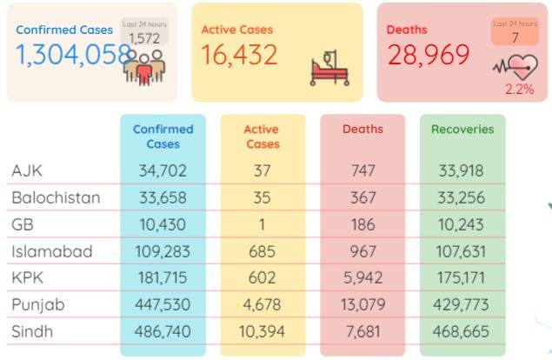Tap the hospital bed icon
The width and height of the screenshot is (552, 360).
pyautogui.click(x=329, y=68)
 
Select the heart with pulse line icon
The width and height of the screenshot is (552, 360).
pyautogui.click(x=515, y=67)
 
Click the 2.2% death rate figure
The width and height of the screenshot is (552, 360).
pyautogui.click(x=520, y=89)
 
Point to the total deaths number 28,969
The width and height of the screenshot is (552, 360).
pyautogui.click(x=429, y=55)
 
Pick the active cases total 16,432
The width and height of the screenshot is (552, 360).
pyautogui.click(x=239, y=55)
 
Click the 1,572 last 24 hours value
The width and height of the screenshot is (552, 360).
pyautogui.click(x=144, y=38)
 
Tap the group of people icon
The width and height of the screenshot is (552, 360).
pyautogui.click(x=144, y=68)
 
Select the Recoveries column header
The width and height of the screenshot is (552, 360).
pyautogui.click(x=462, y=130)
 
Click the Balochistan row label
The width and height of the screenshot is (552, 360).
pyautogui.click(x=56, y=197)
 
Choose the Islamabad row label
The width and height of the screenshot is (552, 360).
pyautogui.click(x=52, y=251)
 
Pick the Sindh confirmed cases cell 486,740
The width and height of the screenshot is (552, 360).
pyautogui.click(x=163, y=331)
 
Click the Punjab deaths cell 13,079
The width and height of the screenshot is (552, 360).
pyautogui.click(x=363, y=304)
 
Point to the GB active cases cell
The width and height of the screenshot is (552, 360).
pyautogui.click(x=262, y=224)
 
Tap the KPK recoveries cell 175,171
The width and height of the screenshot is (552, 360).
pyautogui.click(x=461, y=278)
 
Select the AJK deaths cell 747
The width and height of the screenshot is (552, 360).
pyautogui.click(x=363, y=170)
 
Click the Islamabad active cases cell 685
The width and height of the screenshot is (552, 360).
pyautogui.click(x=262, y=251)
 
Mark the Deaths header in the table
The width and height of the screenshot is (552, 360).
pyautogui.click(x=362, y=130)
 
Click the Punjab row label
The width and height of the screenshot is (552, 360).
pyautogui.click(x=38, y=305)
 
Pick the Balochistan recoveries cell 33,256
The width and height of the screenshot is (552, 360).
pyautogui.click(x=462, y=197)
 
